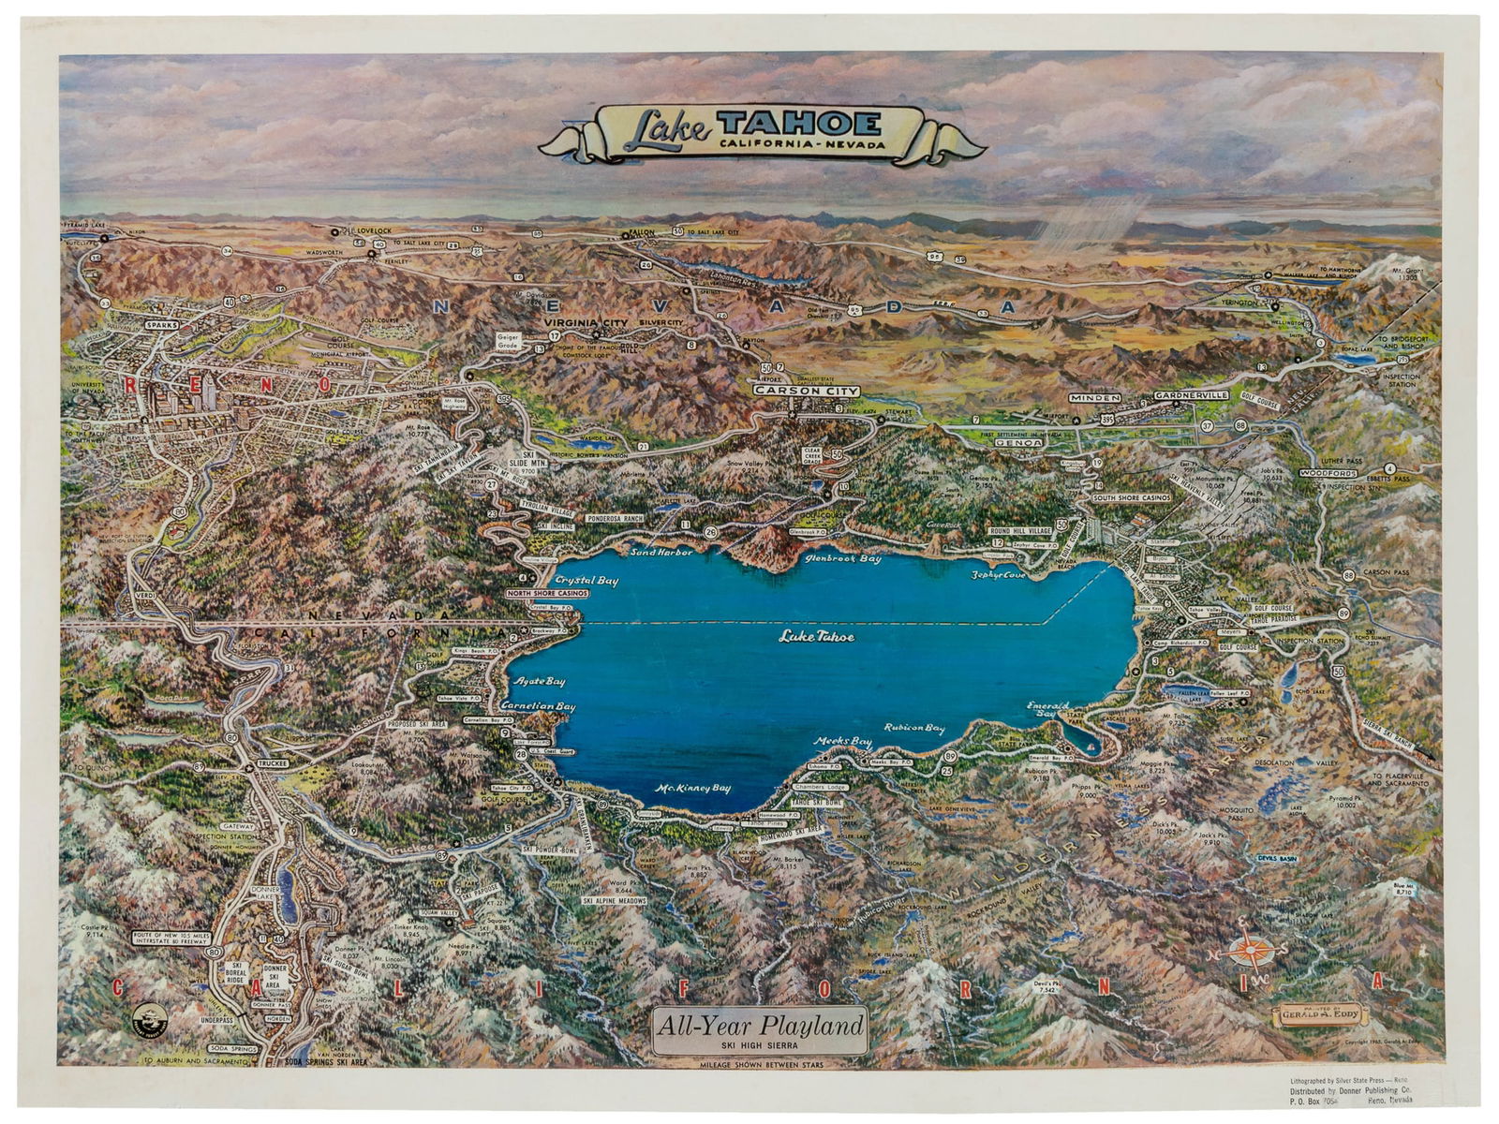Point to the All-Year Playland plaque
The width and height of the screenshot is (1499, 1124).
[759, 1028]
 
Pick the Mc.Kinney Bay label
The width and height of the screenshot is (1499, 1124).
[692, 788]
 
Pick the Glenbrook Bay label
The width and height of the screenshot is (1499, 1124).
[843, 558]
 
